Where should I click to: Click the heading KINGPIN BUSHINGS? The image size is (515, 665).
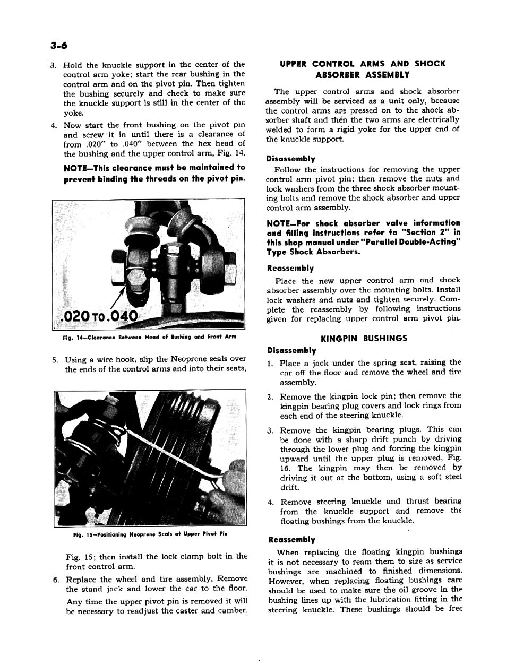[364, 338]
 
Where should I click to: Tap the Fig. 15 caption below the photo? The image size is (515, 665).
[150, 534]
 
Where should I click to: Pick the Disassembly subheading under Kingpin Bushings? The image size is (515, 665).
[292, 350]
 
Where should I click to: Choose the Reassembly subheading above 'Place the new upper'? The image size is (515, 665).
[290, 269]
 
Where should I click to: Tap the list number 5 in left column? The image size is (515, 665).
[55, 360]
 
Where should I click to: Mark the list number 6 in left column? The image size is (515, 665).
[55, 579]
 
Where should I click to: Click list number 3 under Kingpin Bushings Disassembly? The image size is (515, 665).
[270, 430]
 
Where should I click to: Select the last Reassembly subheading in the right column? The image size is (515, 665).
[291, 539]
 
